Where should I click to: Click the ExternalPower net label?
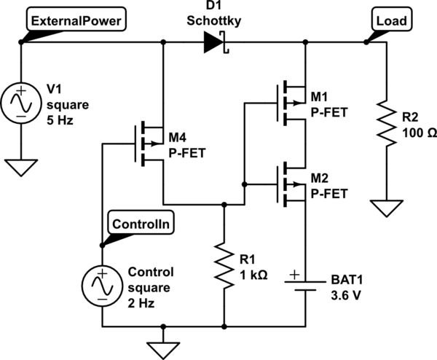(76, 21)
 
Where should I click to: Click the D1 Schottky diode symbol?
(216, 43)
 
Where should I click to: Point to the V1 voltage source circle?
(22, 102)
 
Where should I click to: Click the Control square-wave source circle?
(103, 285)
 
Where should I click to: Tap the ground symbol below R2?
(381, 209)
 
